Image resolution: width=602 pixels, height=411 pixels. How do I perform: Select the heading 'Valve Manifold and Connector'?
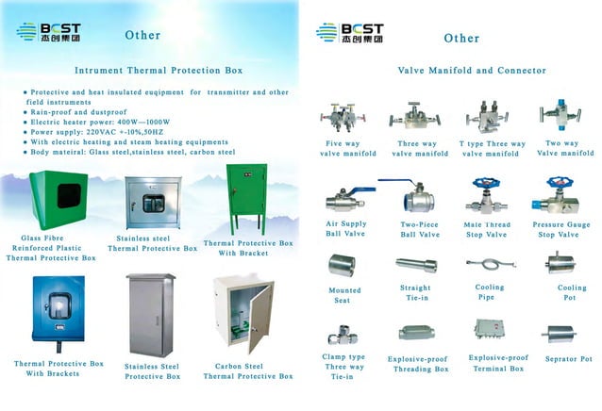[x=460, y=70]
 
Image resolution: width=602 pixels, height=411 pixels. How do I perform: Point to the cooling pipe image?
[x=490, y=265]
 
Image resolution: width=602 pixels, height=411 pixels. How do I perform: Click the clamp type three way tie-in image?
[x=342, y=335]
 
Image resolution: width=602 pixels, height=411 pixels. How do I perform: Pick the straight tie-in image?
[x=415, y=265]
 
